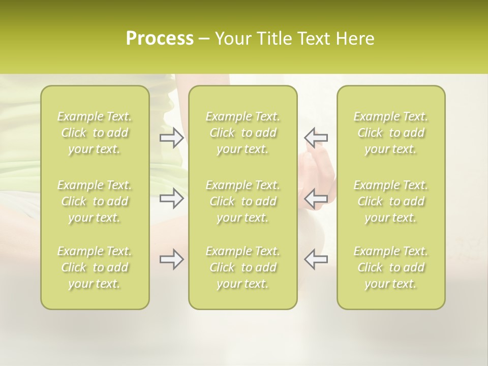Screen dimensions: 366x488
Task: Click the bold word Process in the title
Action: tap(160, 39)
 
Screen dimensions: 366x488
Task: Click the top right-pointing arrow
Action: tap(172, 138)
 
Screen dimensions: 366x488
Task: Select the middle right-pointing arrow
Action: tap(172, 198)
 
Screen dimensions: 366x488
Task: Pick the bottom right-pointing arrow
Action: tap(172, 259)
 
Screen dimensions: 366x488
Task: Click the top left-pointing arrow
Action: tap(316, 138)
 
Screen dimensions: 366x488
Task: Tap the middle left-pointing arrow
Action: tap(316, 198)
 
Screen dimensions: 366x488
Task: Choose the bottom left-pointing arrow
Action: tap(316, 259)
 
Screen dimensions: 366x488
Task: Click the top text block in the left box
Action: tap(95, 133)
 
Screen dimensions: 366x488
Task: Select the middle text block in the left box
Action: tap(95, 201)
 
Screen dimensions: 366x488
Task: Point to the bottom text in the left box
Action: tap(95, 267)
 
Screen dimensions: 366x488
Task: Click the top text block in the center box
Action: tap(243, 133)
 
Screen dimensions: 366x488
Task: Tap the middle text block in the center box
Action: tap(243, 201)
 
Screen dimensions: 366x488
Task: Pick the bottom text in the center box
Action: tap(243, 267)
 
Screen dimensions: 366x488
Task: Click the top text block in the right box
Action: tap(391, 133)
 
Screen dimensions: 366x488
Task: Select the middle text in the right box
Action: tap(391, 201)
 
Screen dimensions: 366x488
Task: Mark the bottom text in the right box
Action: tap(391, 267)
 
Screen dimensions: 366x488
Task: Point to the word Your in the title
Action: tap(232, 39)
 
